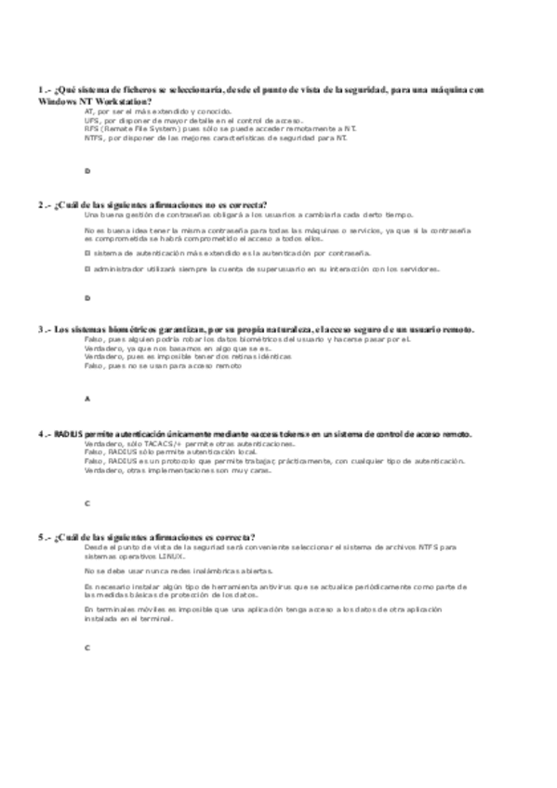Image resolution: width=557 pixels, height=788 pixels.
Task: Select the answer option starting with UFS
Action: click(167, 120)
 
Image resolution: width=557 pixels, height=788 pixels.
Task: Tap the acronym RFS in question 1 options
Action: click(90, 128)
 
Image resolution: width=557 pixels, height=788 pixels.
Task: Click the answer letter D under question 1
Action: click(86, 171)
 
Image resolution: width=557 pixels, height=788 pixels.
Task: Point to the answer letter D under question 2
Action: click(86, 298)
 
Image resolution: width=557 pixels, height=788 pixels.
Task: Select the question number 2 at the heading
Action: click(42, 204)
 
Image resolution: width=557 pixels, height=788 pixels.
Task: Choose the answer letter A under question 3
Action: click(86, 399)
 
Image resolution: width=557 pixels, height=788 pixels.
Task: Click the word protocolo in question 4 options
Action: click(186, 461)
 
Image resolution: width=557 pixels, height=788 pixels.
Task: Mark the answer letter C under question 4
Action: click(86, 503)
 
